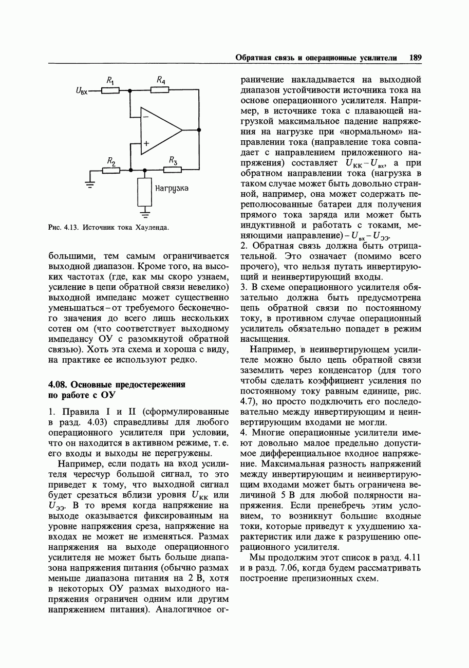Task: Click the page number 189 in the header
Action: coord(415,58)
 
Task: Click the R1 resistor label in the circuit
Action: coord(110,80)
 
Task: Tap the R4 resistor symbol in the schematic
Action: coord(160,91)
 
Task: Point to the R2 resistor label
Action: coord(110,161)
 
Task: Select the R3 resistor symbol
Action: coord(172,170)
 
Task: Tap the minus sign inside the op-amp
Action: coord(146,118)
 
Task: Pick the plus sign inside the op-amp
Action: coord(146,144)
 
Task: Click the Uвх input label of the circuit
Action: coord(82,91)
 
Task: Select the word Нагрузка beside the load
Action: coord(172,188)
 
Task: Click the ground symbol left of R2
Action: coord(90,184)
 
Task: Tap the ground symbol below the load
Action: coord(145,210)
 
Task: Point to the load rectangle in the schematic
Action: coord(145,191)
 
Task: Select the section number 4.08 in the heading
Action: coord(58,384)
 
